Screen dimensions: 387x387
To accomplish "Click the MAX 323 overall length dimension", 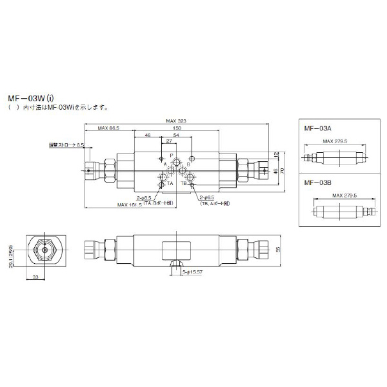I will pos(176,121).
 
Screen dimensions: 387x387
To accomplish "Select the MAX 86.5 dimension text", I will pos(109,129).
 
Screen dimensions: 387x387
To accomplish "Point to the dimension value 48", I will pos(148,136).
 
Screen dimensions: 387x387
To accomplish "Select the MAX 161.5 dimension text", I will pos(130,205).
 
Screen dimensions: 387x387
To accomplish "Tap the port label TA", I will pos(170,183).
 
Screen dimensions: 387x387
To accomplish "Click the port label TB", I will pos(184,183).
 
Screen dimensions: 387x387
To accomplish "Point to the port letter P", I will pos(172,156).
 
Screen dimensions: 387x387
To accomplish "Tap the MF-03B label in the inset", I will pos(316,184).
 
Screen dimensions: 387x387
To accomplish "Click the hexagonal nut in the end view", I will pos(46,249).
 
